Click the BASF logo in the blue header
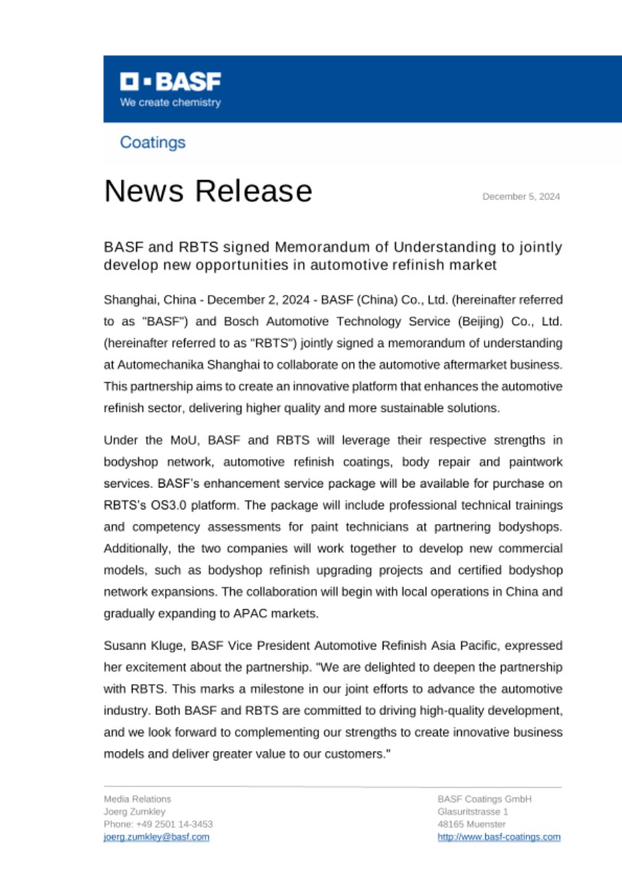[x=170, y=82]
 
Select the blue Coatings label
[x=153, y=142]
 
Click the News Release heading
[x=208, y=190]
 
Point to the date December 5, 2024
[x=521, y=197]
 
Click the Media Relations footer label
[x=137, y=800]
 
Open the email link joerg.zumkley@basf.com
[x=157, y=837]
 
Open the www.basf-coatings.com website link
[x=499, y=837]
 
